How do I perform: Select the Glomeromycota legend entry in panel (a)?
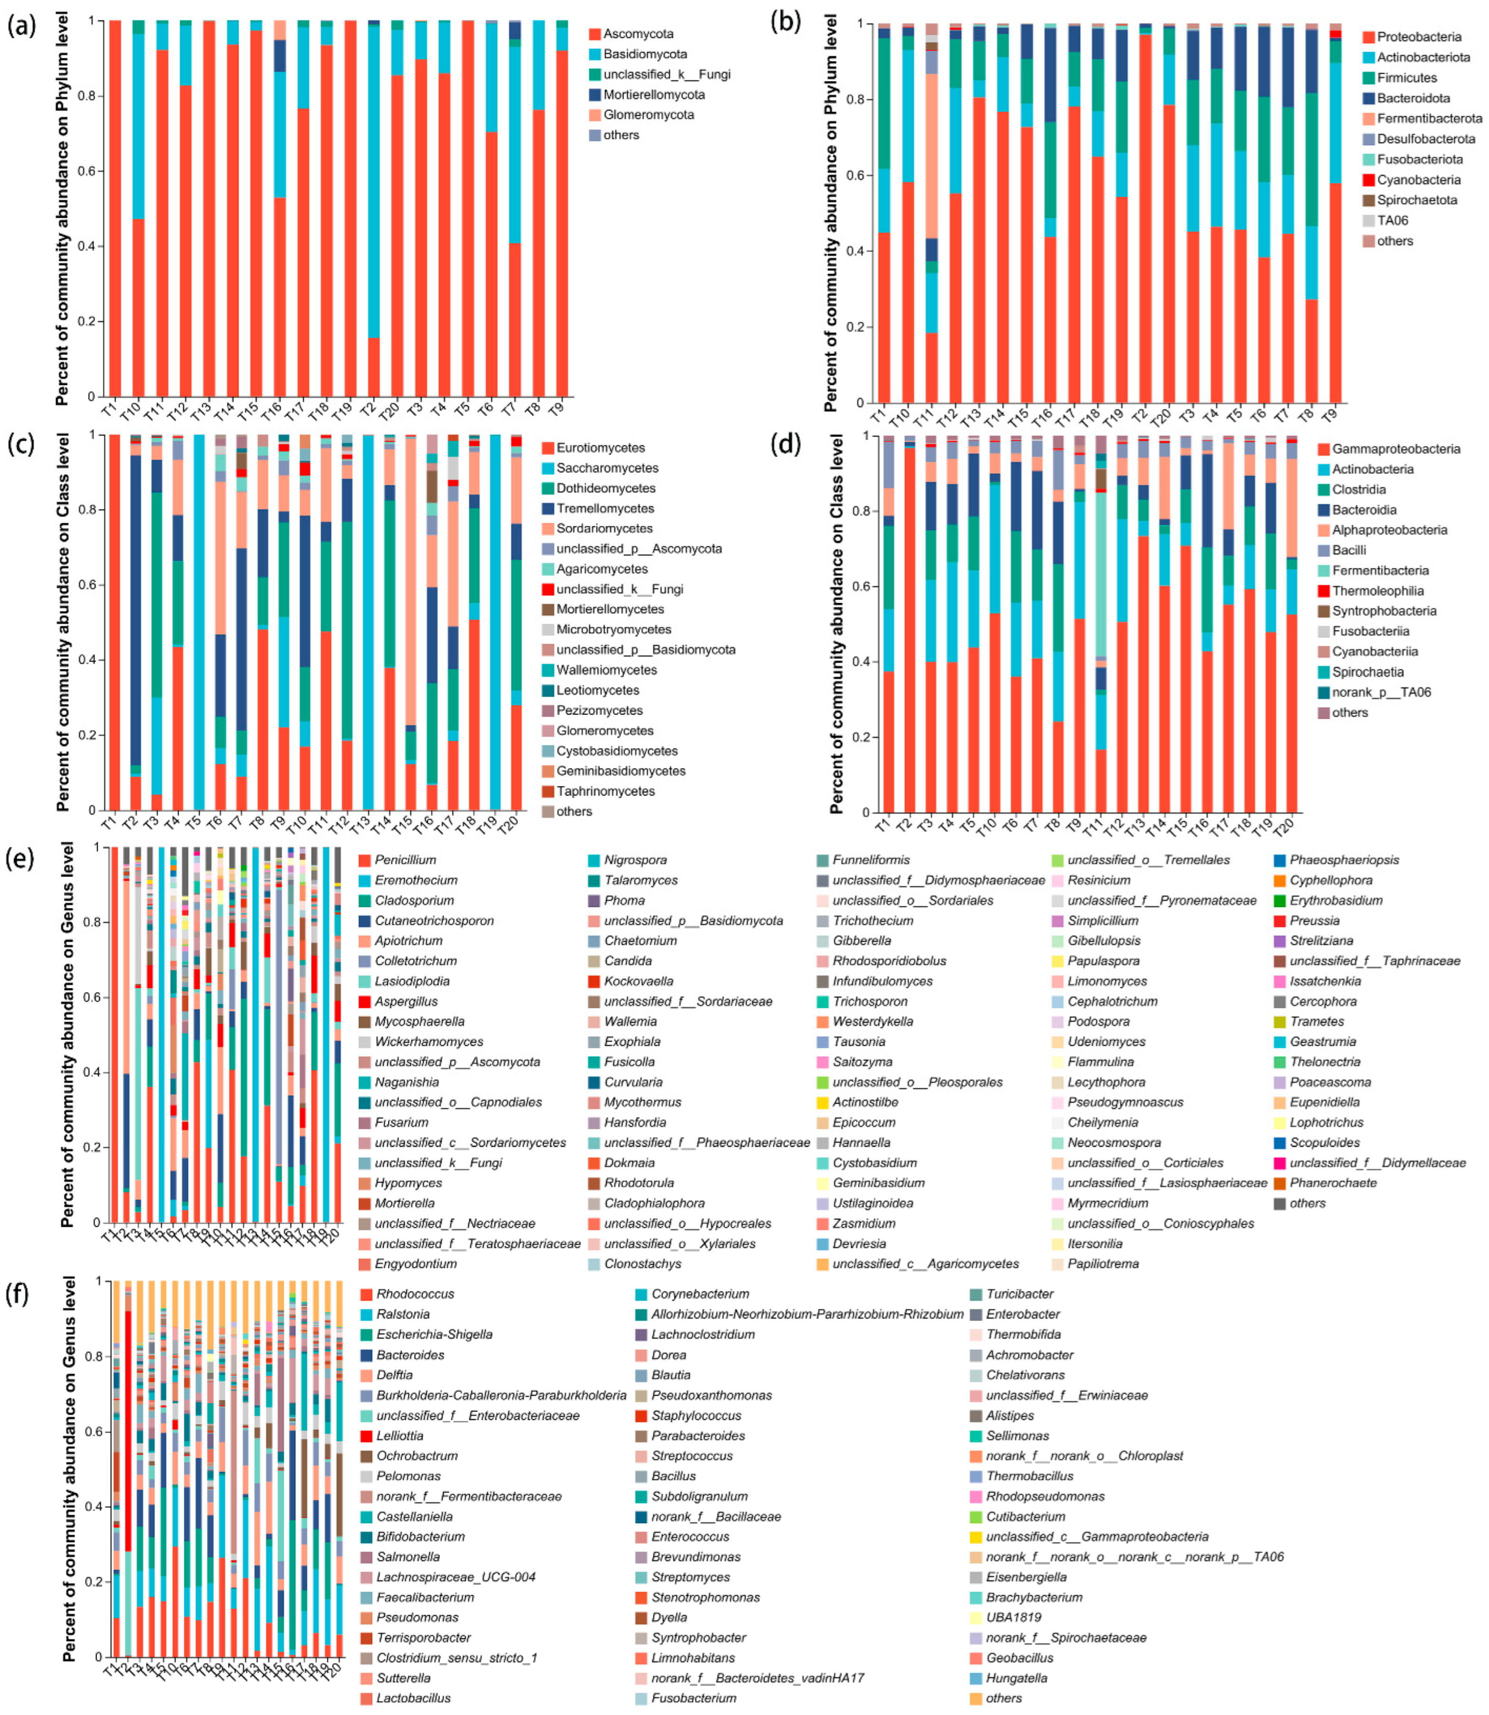(x=648, y=115)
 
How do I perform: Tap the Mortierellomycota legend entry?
(x=654, y=95)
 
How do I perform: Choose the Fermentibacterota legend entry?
(x=1429, y=118)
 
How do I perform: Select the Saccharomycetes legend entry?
(x=607, y=468)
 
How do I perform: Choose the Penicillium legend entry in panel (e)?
(x=405, y=860)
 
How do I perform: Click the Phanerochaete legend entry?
(x=1333, y=1183)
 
